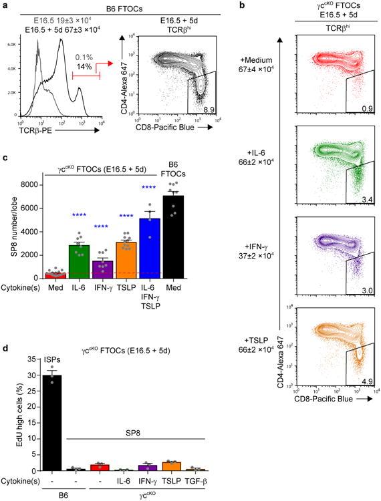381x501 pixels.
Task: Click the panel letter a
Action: pos(5,5)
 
